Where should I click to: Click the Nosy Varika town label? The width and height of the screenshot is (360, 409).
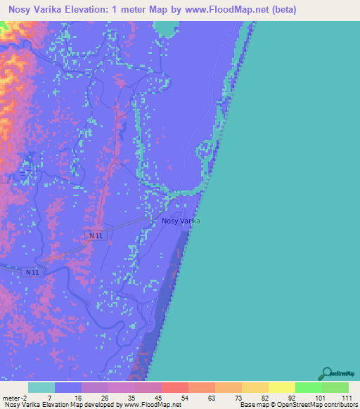tap(181, 221)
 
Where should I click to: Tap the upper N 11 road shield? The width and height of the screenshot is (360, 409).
tap(96, 236)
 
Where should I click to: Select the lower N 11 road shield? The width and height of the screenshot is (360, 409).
tap(32, 272)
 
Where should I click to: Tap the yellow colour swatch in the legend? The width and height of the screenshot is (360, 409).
tap(281, 387)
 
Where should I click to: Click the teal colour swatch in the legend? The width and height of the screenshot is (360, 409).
tap(41, 387)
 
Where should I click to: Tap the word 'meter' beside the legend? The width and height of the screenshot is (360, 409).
tap(12, 397)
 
